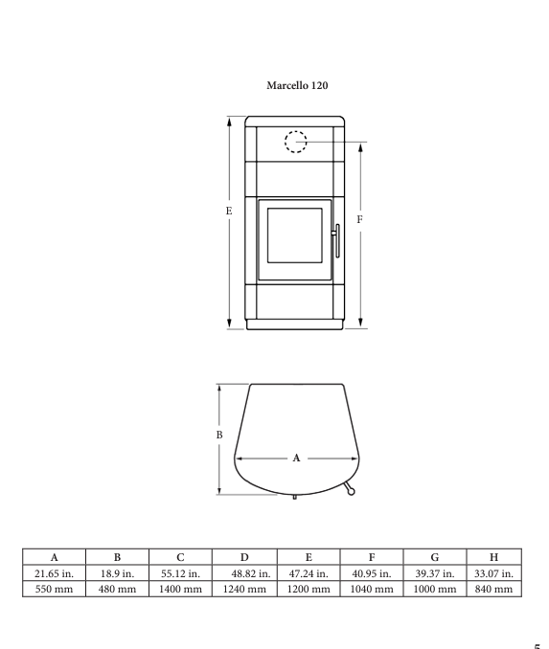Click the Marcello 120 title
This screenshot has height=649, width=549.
297,85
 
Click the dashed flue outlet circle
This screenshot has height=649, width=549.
295,132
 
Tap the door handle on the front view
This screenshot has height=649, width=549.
336,241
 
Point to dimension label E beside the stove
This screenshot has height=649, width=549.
229,212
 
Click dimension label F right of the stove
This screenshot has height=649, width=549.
359,219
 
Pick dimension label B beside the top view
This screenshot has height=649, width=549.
219,435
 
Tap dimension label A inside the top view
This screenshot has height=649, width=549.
296,458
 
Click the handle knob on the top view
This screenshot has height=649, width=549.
351,492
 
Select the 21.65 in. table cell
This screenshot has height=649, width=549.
54,573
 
